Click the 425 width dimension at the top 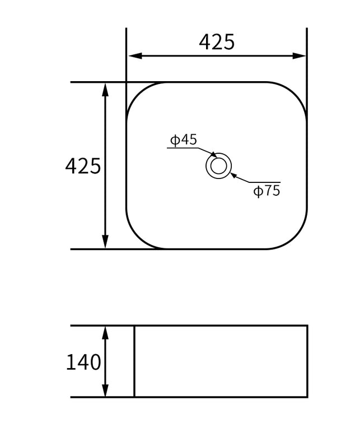click(x=217, y=42)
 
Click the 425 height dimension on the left click(x=83, y=166)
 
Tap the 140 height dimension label click(x=83, y=363)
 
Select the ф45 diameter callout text click(x=184, y=140)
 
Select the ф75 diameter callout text click(x=267, y=191)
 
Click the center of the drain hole click(x=218, y=166)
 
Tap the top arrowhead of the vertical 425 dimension click(x=105, y=88)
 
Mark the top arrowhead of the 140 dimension click(x=105, y=332)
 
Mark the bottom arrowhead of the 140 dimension click(x=105, y=391)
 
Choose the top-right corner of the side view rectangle click(x=307, y=326)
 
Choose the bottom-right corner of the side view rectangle click(x=307, y=397)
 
